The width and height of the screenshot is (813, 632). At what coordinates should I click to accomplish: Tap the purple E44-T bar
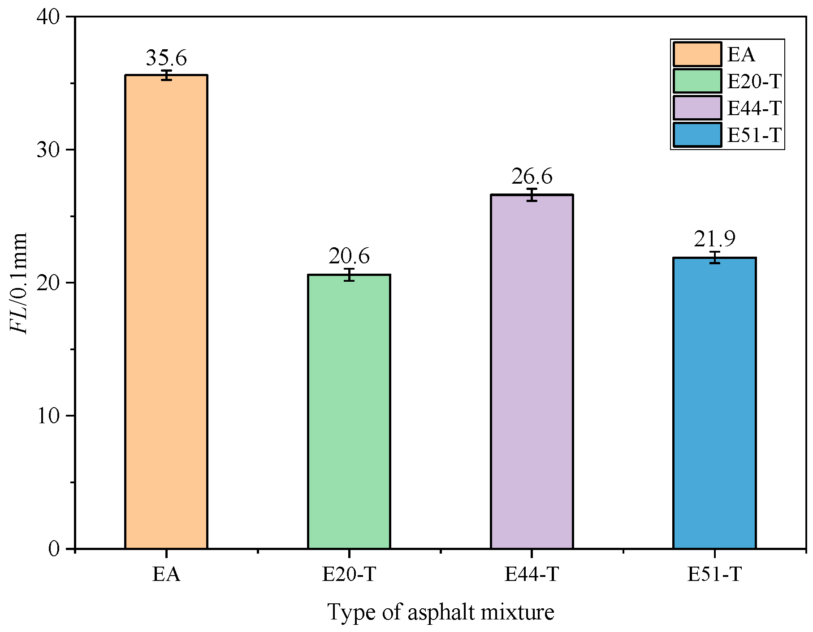click(532, 371)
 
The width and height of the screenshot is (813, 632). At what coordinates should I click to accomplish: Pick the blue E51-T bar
click(714, 403)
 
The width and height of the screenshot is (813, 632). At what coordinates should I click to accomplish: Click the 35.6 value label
click(166, 58)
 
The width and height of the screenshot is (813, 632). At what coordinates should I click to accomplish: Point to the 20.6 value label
click(349, 257)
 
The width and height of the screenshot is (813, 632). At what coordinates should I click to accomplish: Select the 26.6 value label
click(532, 177)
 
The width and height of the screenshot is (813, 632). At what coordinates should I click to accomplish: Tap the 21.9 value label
click(715, 240)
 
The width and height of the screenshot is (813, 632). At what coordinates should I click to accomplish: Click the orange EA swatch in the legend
click(697, 55)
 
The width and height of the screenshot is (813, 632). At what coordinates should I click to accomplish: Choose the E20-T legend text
click(754, 82)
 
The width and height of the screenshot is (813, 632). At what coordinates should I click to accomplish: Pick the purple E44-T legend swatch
click(697, 108)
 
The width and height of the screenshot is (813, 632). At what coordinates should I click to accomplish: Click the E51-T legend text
click(754, 135)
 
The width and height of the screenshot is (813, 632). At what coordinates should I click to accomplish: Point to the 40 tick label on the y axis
click(48, 17)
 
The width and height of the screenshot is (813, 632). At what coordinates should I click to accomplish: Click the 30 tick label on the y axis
click(48, 150)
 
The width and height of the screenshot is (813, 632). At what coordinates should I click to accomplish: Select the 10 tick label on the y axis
click(48, 416)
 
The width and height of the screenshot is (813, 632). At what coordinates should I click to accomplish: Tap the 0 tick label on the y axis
click(54, 549)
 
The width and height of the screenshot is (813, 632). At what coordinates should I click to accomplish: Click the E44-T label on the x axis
click(532, 574)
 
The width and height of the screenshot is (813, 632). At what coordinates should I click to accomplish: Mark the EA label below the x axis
click(166, 574)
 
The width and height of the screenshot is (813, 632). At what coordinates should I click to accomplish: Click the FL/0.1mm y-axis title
click(19, 283)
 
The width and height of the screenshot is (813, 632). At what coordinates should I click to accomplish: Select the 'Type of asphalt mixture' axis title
click(441, 612)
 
